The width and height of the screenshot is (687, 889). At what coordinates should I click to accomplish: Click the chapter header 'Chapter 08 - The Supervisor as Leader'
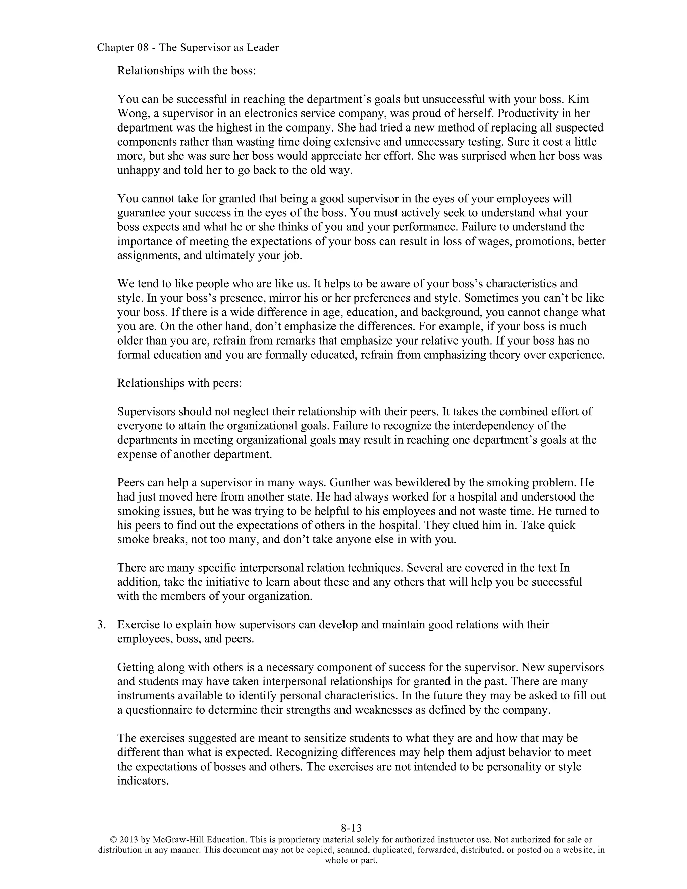188,48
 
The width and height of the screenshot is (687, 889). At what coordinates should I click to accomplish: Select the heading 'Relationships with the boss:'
187,71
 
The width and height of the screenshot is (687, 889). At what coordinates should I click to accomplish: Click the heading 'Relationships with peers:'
179,383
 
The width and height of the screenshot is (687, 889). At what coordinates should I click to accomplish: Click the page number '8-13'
351,828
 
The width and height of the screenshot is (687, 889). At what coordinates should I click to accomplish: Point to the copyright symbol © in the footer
114,840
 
